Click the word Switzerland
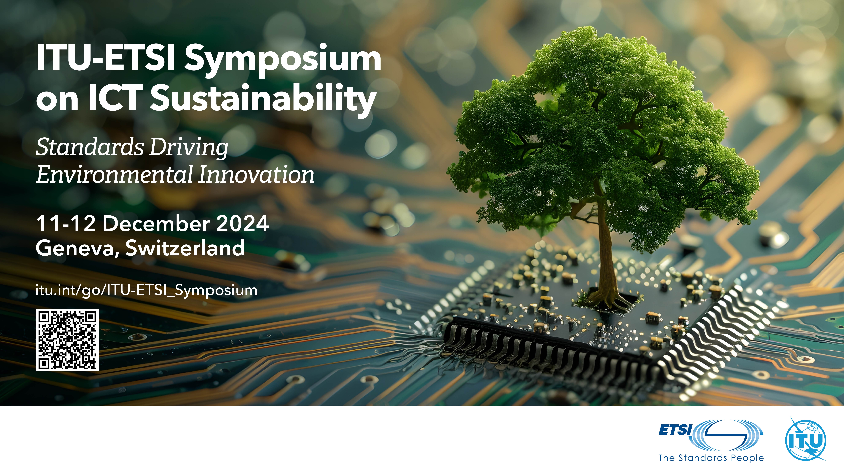[185, 248]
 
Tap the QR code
[67, 340]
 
